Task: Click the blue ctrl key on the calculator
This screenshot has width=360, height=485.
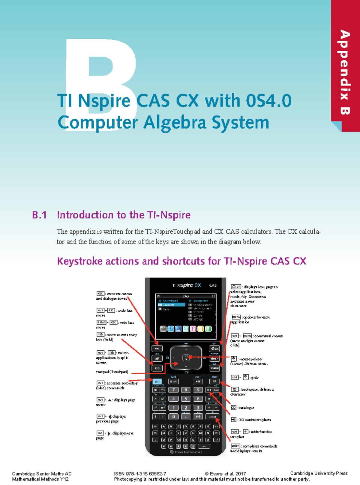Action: (x=157, y=382)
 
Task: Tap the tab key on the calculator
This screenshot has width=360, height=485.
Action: (x=157, y=368)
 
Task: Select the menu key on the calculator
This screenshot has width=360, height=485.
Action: (x=214, y=368)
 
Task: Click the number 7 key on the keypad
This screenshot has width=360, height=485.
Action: (x=173, y=390)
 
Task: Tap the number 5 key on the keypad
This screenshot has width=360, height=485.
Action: (x=186, y=399)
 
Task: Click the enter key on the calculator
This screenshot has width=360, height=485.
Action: (x=212, y=417)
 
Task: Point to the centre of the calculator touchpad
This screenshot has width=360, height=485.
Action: (x=186, y=357)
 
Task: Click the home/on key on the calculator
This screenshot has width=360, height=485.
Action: (x=214, y=349)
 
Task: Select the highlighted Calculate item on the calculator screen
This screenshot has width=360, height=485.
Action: (x=171, y=305)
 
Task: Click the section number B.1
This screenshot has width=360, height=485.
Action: (x=39, y=215)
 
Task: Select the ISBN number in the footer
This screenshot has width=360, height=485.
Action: (x=140, y=474)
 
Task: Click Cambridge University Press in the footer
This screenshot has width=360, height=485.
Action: (x=319, y=473)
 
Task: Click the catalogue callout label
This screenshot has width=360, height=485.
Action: (x=246, y=408)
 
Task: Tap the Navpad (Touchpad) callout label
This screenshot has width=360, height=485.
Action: (x=112, y=372)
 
